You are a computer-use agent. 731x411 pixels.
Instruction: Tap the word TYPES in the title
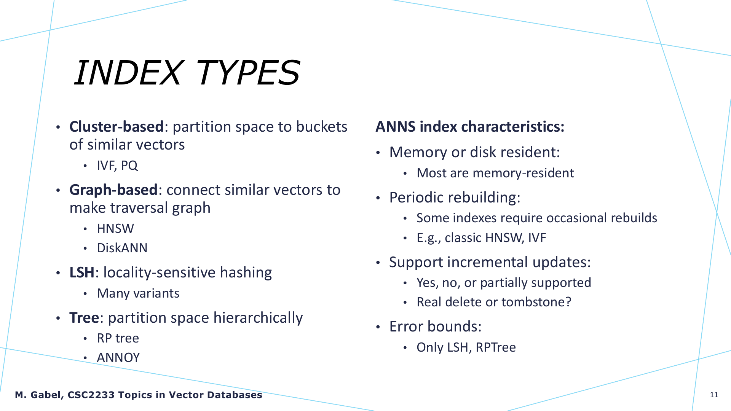248,72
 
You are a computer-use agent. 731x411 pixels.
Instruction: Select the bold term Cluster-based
117,127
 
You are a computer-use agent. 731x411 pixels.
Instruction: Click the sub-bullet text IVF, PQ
117,166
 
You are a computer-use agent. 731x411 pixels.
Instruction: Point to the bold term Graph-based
113,190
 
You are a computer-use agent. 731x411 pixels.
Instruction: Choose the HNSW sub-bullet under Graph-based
115,229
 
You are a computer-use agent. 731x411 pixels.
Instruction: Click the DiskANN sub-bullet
122,248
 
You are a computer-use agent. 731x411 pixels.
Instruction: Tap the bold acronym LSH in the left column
82,272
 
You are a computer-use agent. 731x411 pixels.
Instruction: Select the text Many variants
138,293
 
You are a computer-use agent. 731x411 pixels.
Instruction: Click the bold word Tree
84,318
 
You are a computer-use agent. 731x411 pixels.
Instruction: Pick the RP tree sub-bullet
118,338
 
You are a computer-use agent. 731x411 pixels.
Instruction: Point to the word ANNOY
118,358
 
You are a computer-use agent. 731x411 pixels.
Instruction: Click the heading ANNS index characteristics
470,127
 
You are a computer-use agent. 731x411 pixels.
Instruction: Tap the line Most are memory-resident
495,173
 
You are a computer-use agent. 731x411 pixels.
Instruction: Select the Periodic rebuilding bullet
455,198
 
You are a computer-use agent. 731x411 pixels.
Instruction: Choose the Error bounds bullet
435,327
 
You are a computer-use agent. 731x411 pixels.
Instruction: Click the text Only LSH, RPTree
466,347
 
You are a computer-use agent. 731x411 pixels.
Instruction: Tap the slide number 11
714,395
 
